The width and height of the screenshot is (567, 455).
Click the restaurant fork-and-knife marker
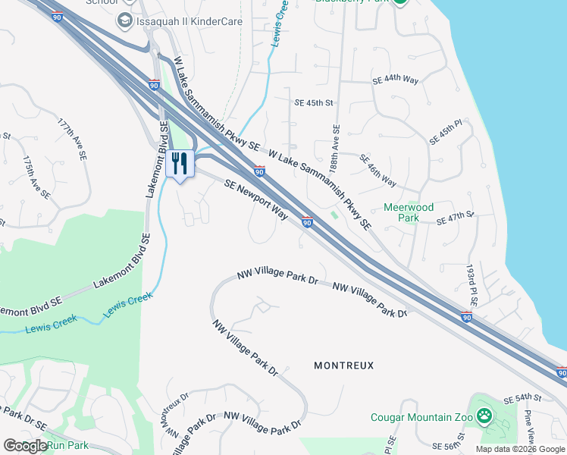tap(180, 163)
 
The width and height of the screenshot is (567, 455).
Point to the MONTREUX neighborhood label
tap(344, 366)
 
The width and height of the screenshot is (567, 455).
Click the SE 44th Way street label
tap(396, 80)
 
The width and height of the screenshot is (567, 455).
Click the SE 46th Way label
tap(377, 171)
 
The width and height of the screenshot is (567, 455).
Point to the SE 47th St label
tap(456, 220)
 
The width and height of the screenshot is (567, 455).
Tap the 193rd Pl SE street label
tap(472, 285)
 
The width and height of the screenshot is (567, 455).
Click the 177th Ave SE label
tap(72, 137)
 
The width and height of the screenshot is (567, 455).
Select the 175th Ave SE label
tap(36, 178)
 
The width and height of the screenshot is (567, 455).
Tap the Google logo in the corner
tap(25, 445)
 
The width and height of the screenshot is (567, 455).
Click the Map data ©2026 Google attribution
tap(520, 449)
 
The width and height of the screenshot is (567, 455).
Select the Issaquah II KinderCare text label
tap(190, 21)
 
